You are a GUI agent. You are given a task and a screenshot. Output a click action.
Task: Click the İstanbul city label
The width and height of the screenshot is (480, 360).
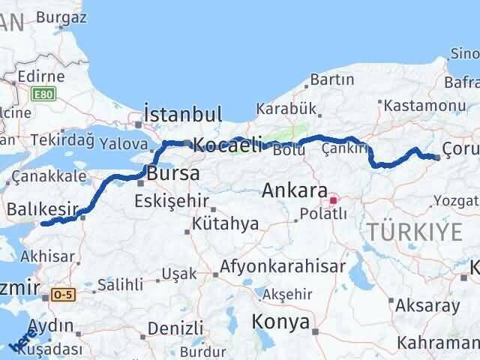click(x=182, y=115)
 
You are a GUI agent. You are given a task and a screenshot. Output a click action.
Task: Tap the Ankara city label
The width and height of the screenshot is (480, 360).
click(x=294, y=190)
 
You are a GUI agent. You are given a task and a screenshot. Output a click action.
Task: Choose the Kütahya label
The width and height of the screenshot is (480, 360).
click(x=225, y=223)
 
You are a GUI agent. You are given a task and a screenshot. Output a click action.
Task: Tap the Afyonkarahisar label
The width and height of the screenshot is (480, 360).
click(x=283, y=266)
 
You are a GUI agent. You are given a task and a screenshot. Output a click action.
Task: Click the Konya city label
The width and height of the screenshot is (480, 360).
click(x=282, y=322)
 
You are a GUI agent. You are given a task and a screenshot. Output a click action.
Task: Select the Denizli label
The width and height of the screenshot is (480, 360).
click(x=176, y=328)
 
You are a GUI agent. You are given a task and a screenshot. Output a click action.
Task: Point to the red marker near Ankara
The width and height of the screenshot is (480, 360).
click(x=333, y=200)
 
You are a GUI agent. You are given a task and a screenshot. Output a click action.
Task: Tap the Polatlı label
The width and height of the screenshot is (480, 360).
click(x=323, y=214)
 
